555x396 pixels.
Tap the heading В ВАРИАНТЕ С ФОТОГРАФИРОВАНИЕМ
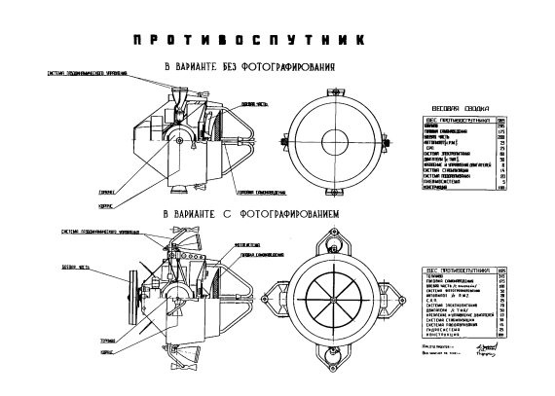244,211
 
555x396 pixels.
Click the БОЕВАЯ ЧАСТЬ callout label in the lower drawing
76,266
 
